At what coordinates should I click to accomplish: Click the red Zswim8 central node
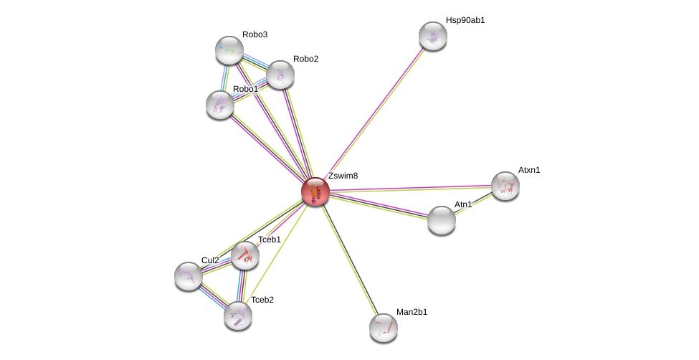pos(315,191)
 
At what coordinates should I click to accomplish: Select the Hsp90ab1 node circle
pos(433,36)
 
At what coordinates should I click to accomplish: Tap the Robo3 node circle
pos(229,49)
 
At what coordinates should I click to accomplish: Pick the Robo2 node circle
pos(280,74)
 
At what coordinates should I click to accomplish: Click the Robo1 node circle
pos(220,105)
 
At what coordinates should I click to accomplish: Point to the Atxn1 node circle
pos(505,186)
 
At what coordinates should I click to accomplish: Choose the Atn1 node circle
pos(442,220)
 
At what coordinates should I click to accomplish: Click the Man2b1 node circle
pos(384,328)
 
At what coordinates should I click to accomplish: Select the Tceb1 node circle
pos(245,255)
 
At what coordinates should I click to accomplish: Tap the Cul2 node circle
pos(189,275)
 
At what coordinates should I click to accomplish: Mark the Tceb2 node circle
pos(238,315)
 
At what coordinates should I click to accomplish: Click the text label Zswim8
pos(343,176)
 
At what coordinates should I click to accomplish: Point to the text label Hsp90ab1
pos(465,20)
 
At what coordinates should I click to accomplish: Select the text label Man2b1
pos(412,312)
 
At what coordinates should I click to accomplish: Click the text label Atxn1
pos(529,170)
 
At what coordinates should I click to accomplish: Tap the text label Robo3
pos(255,34)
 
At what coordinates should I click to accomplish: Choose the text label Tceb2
pos(262,300)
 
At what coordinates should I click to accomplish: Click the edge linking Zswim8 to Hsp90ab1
pos(374,114)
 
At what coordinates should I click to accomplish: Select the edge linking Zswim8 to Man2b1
pos(349,260)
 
